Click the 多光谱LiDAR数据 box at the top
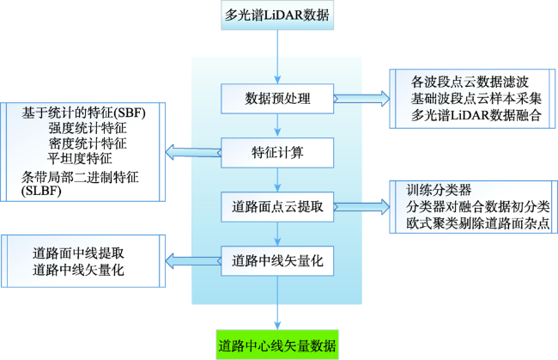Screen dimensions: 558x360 tap(277, 15)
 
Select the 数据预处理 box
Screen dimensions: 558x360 tap(277, 99)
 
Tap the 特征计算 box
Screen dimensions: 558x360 tap(277, 153)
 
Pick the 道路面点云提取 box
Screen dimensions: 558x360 tap(277, 207)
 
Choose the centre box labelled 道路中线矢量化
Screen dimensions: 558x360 tap(277, 261)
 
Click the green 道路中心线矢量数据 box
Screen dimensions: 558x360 tap(277, 345)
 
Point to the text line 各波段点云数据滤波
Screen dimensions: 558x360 tap(470, 82)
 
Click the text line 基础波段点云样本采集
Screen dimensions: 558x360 tap(476, 99)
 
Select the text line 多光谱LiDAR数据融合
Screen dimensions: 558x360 tap(476, 115)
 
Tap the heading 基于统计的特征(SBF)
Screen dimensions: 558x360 tap(83, 113)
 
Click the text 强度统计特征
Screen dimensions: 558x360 tap(88, 128)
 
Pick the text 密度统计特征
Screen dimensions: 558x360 tap(88, 143)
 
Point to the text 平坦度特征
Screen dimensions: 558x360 tap(80, 158)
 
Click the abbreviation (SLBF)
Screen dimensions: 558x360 tap(41, 192)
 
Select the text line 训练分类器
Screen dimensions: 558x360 tap(439, 190)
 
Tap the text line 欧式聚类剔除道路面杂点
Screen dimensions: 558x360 tap(478, 223)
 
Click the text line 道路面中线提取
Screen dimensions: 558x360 tap(78, 253)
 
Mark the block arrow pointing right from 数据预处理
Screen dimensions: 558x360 tap(361, 98)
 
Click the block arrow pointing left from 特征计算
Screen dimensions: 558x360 tap(193, 152)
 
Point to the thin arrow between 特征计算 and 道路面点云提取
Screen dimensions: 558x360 tap(277, 180)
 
